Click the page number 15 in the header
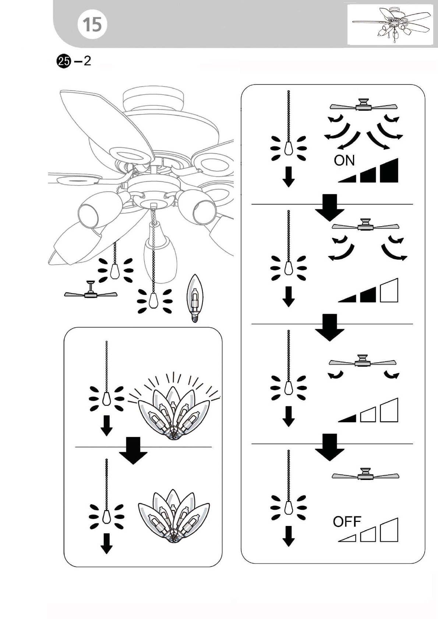[92, 24]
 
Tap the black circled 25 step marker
[63, 61]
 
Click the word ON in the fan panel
[344, 160]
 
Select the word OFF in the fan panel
[347, 522]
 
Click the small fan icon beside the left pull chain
[91, 290]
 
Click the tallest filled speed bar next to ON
[389, 170]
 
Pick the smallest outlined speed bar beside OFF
[347, 538]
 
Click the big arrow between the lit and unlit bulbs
[133, 451]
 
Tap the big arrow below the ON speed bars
[329, 208]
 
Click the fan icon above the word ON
[364, 105]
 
